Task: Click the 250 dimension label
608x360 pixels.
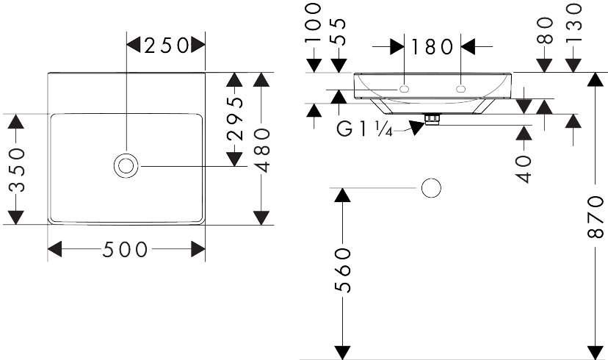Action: coord(167,46)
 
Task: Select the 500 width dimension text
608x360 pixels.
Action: coord(126,249)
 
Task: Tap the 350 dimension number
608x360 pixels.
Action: coord(17,170)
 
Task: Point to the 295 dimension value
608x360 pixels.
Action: coord(235,118)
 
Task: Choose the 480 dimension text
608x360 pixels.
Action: coord(262,150)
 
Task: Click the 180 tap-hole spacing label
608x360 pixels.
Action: coord(432,47)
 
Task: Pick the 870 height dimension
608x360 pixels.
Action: coord(596,217)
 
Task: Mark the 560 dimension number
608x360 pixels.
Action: coord(342,270)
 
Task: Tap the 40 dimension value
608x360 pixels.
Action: coord(524,169)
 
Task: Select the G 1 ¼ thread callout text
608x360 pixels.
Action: coord(364,129)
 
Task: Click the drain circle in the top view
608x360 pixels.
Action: coord(126,165)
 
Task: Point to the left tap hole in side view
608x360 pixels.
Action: coord(404,89)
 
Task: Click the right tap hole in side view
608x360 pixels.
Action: coord(460,89)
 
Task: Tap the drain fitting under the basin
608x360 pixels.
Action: coord(433,119)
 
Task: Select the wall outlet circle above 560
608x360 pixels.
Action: coord(431,188)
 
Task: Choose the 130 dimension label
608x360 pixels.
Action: coord(574,22)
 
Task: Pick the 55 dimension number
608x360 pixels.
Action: coord(339,32)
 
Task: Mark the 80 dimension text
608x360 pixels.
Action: coord(545,31)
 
